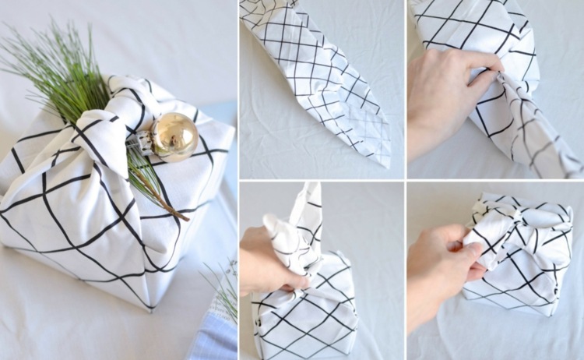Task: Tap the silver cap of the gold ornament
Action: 147,140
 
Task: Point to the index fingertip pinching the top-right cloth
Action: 498,69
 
